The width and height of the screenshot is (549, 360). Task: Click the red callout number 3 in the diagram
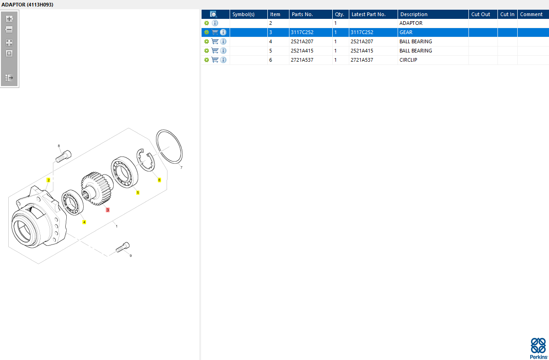(108, 210)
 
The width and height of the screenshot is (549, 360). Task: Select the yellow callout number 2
(49, 180)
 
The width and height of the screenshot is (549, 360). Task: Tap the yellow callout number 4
(84, 222)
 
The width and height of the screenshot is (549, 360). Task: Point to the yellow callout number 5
(138, 192)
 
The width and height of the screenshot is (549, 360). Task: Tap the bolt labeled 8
(64, 156)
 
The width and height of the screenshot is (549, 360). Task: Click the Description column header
(414, 14)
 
